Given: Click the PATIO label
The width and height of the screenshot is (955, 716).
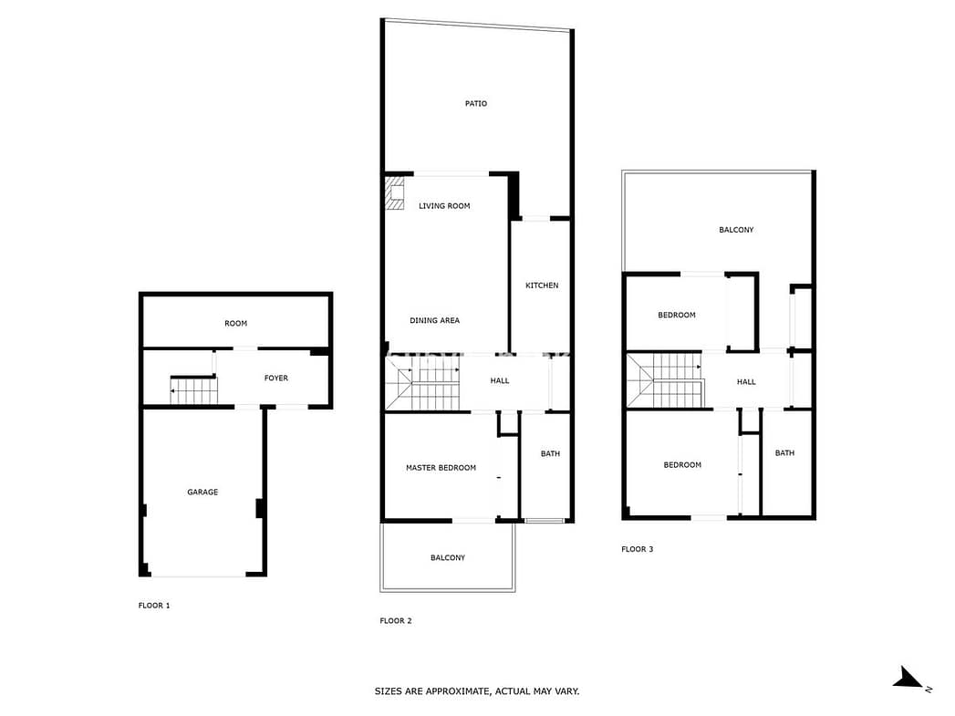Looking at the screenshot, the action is point(475,103).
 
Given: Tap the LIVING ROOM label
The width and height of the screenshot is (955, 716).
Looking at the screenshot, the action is point(444,206).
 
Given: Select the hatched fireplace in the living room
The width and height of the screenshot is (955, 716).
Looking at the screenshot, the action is point(395,193).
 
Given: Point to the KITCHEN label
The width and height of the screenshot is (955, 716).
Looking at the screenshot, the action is point(542,285).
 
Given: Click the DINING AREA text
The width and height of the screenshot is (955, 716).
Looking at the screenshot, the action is point(434,320).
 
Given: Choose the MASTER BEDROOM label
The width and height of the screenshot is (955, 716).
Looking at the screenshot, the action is point(441,468).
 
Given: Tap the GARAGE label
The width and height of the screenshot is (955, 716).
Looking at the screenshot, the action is point(202,492).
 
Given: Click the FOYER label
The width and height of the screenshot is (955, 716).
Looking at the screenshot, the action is point(275,379).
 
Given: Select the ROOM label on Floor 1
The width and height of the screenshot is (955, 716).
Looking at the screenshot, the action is point(235,323).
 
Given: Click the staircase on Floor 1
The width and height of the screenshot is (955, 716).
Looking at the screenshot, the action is point(193,389).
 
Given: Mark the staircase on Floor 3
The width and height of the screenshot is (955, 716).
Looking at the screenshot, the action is point(666,380).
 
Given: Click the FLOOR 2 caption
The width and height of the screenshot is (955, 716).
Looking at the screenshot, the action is point(395,621).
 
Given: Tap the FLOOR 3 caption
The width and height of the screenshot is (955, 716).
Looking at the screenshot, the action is point(637,549).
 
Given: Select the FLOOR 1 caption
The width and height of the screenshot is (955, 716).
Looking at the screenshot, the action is point(154,606).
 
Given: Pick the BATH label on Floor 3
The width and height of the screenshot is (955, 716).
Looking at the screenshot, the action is point(784,453).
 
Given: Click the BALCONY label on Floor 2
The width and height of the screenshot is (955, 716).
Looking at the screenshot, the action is point(447,557).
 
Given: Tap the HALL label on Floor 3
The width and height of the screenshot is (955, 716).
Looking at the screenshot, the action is point(746,382).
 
